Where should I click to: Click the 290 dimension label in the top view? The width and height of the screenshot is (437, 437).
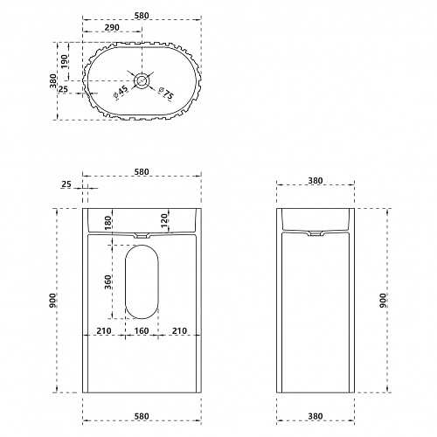click(112, 27)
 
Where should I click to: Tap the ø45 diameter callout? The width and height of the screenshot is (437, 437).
click(121, 92)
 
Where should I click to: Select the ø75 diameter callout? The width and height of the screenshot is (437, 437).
click(166, 93)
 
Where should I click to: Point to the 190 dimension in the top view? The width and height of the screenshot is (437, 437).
click(64, 61)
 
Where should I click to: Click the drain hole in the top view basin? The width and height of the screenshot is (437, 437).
click(142, 80)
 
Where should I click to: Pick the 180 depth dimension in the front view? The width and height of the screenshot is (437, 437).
click(108, 222)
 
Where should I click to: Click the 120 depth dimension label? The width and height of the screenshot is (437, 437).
click(164, 221)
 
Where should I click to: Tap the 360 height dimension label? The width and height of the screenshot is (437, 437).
click(108, 281)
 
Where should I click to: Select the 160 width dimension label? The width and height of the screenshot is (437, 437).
click(142, 331)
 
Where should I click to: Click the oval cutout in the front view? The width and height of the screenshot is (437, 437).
click(142, 281)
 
